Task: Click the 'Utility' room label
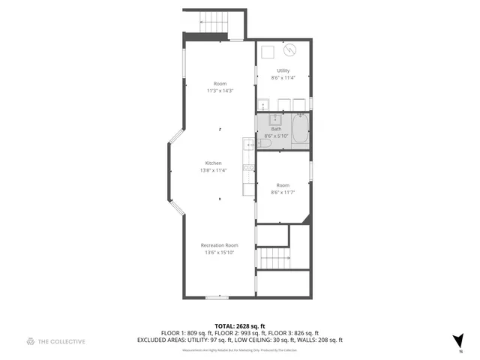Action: pos(283,70)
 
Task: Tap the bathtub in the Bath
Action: pos(300,128)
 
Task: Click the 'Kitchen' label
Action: pos(214,163)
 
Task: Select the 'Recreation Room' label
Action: pos(219,245)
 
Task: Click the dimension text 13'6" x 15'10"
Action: pos(219,253)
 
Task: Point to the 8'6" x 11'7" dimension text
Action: pos(283,192)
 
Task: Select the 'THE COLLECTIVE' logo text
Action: pos(62,341)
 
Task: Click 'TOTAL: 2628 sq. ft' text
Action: pos(239,326)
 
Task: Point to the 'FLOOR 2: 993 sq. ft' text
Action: pos(239,333)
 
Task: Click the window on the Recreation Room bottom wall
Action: pos(217,298)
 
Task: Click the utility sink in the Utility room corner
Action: pos(264,104)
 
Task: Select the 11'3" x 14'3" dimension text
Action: pos(220,91)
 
